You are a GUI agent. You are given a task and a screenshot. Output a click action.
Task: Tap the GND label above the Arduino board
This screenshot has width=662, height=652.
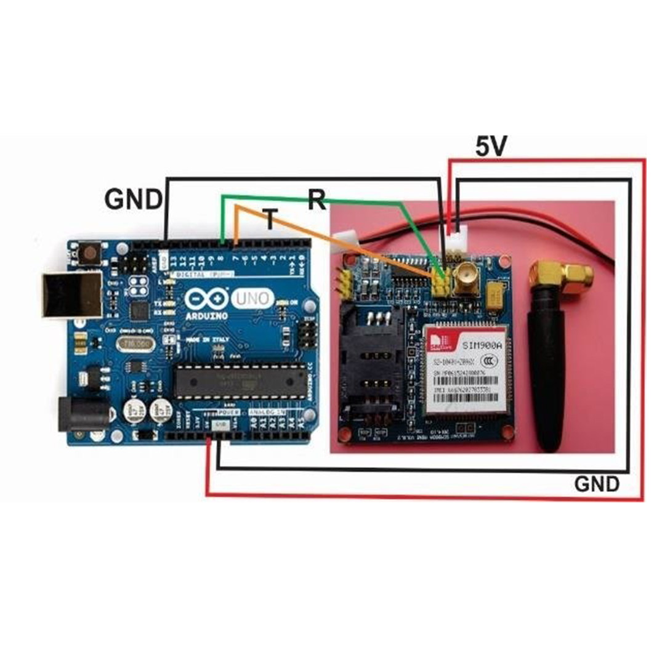pos(134,199)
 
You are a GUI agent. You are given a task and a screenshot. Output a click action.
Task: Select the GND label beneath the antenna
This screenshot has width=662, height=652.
pos(597,484)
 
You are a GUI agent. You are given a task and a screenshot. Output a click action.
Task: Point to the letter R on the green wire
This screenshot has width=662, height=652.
pos(317,199)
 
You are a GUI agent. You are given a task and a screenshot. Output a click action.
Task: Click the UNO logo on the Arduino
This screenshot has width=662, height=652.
pos(251,299)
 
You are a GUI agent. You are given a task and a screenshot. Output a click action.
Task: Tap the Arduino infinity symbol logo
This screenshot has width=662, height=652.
pos(206,300)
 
